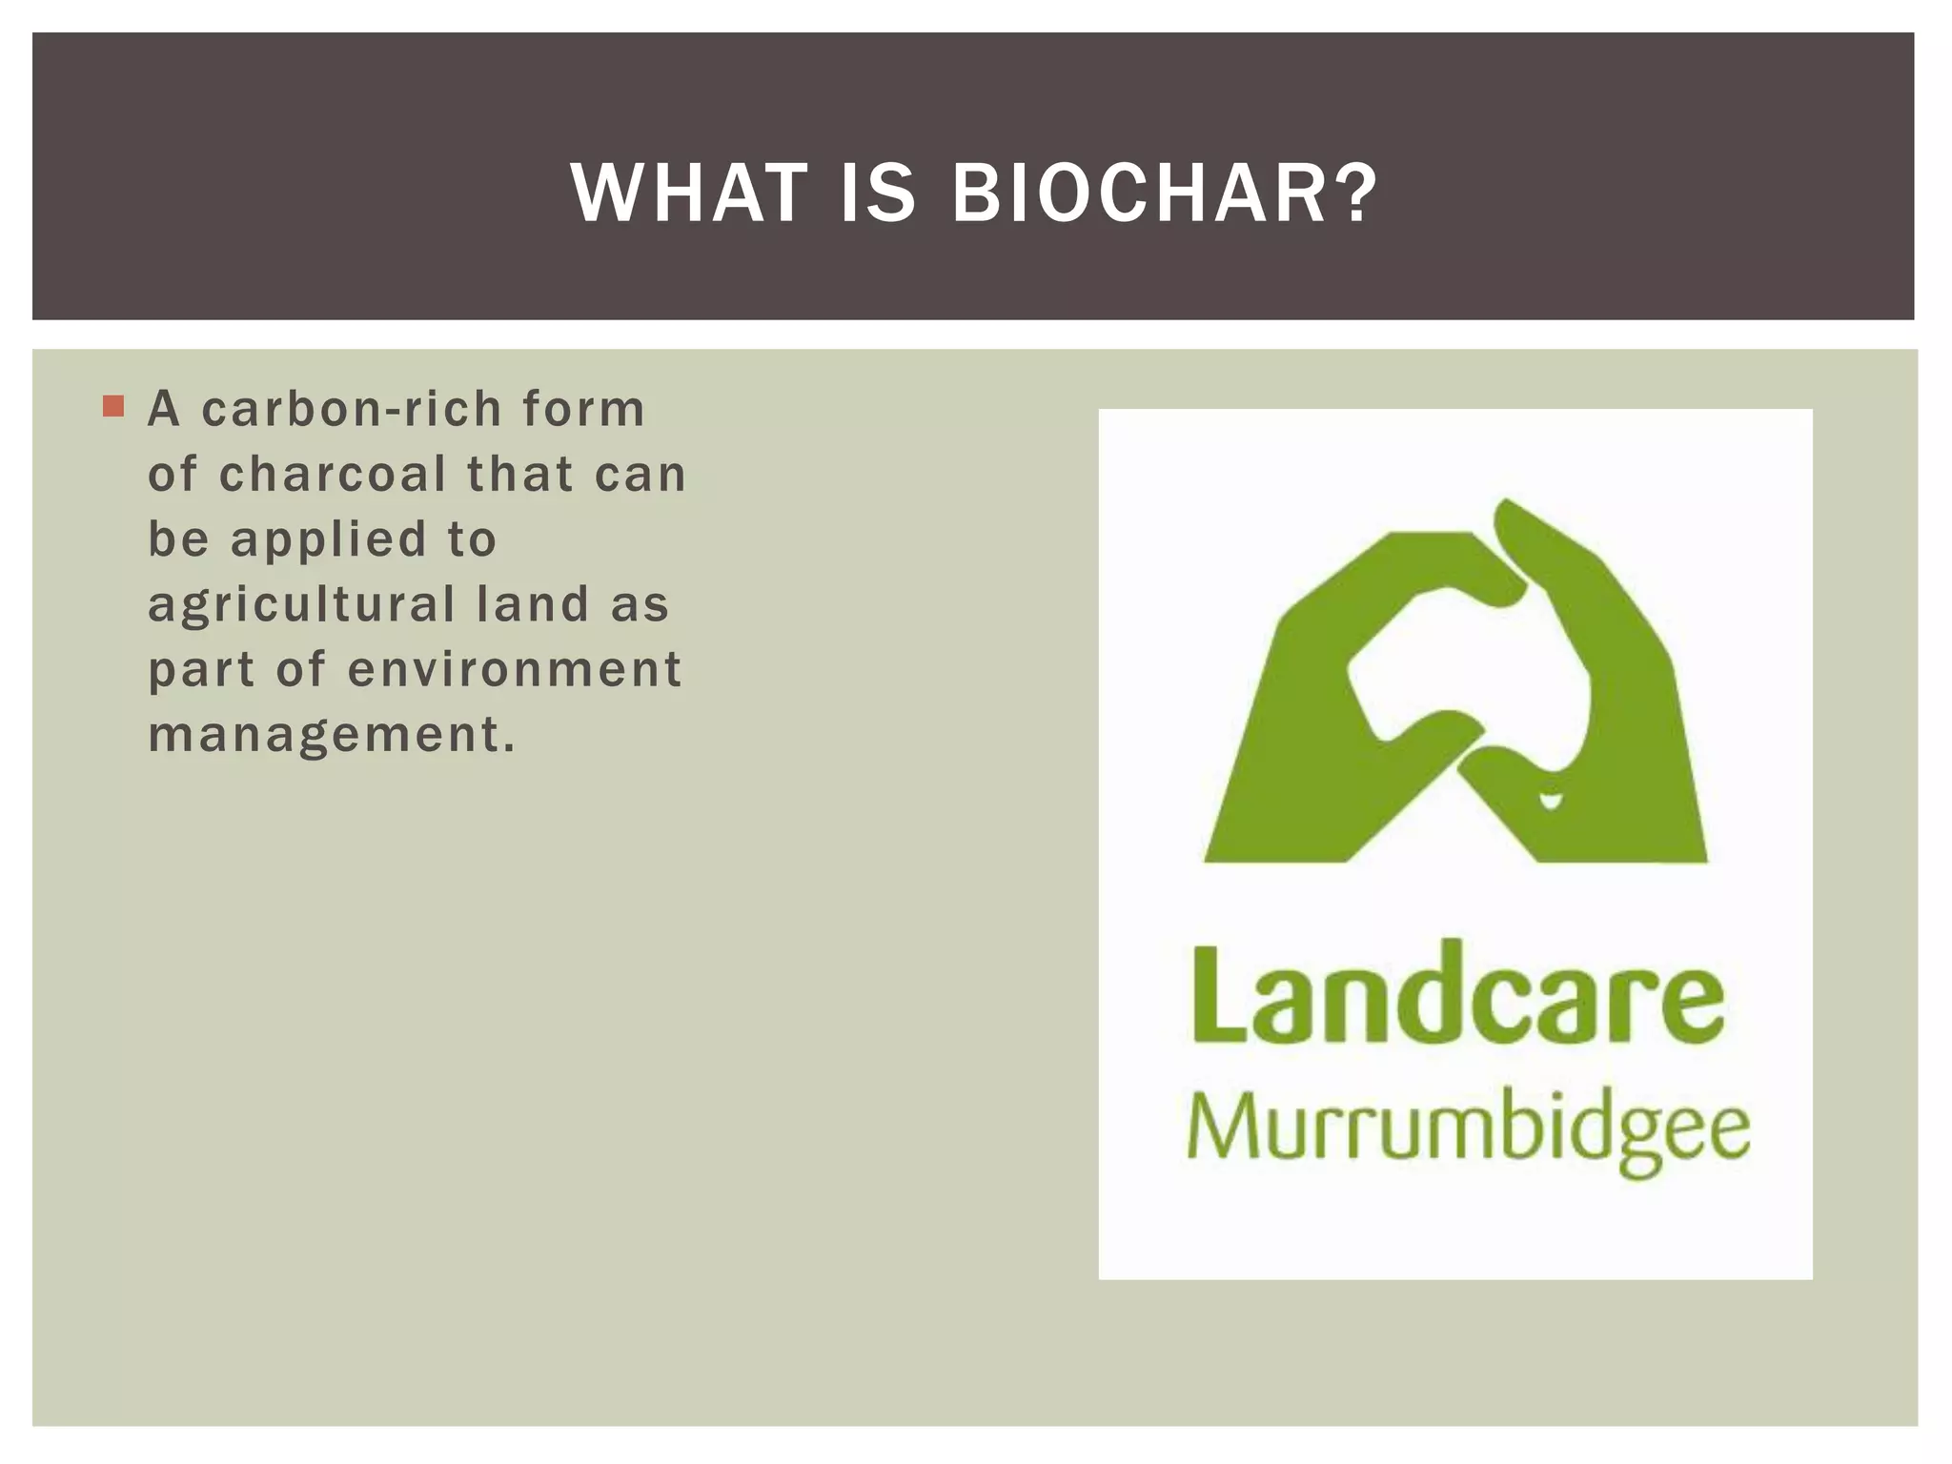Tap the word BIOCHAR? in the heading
tap(1165, 193)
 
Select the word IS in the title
tap(878, 193)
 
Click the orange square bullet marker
tap(113, 407)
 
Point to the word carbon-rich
tap(352, 410)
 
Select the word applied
tap(329, 540)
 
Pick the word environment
tap(515, 669)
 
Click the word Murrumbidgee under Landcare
tap(1468, 1130)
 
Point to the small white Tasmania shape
tap(1552, 801)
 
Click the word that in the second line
tap(519, 475)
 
